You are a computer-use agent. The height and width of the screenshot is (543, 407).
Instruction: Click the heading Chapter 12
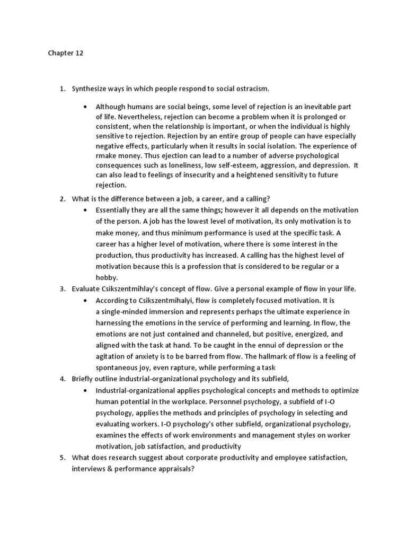(66, 54)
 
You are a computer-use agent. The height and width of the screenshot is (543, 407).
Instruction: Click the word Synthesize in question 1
(90, 87)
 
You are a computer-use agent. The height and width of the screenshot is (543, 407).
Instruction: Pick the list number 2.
(62, 199)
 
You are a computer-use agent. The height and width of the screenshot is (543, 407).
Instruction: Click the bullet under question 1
(85, 107)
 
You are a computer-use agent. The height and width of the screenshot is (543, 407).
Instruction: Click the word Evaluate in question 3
(86, 289)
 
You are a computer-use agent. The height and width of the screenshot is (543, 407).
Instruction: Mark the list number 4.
(62, 379)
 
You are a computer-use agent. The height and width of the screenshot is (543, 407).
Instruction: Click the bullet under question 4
(85, 390)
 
